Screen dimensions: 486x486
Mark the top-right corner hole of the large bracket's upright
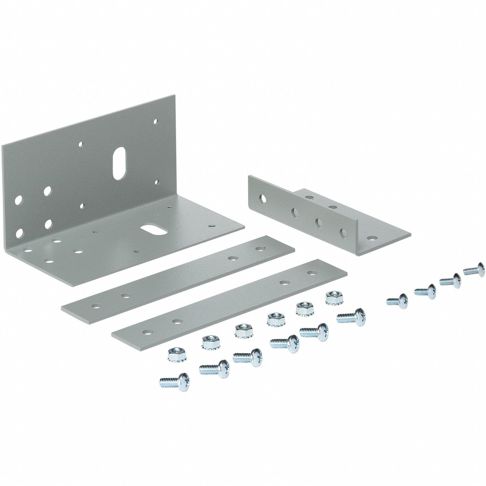point(156,122)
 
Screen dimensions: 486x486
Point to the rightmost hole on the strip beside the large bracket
point(259,249)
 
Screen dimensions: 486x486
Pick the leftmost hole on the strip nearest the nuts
point(148,332)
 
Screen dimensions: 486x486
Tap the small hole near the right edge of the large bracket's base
point(212,226)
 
